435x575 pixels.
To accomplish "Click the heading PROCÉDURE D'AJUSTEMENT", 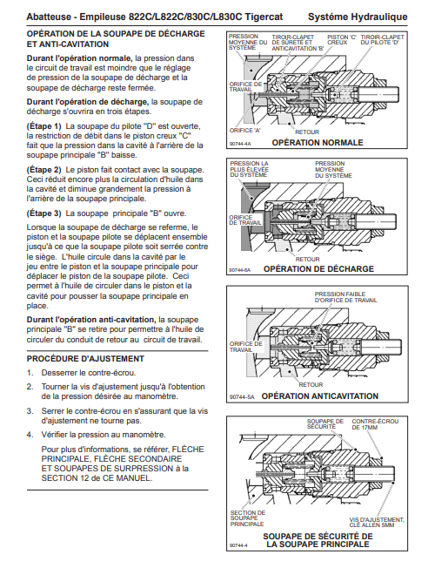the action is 85,359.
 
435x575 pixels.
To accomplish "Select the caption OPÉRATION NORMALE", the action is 318,142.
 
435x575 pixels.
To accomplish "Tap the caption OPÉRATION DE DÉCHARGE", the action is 318,269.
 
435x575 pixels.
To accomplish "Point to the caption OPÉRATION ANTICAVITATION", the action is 320,396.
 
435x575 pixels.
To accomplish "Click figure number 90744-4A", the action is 240,144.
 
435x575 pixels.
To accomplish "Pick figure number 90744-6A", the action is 240,271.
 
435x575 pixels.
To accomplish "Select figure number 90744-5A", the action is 242,397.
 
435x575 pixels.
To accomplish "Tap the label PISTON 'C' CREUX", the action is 342,39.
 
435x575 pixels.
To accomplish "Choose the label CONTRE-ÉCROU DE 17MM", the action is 375,424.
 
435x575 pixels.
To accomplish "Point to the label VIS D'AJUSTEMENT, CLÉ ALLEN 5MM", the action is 377,522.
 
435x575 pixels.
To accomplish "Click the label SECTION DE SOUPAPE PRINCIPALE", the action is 248,518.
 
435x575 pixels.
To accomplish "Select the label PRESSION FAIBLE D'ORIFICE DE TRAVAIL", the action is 345,297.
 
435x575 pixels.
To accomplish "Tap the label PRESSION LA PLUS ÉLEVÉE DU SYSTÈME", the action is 250,169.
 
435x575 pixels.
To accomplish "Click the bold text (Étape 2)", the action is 44,170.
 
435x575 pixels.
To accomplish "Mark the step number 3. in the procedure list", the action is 30,411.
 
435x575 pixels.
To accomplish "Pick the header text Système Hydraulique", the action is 358,17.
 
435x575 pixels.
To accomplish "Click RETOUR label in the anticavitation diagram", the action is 311,385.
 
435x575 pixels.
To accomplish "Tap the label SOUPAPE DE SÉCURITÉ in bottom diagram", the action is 325,424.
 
